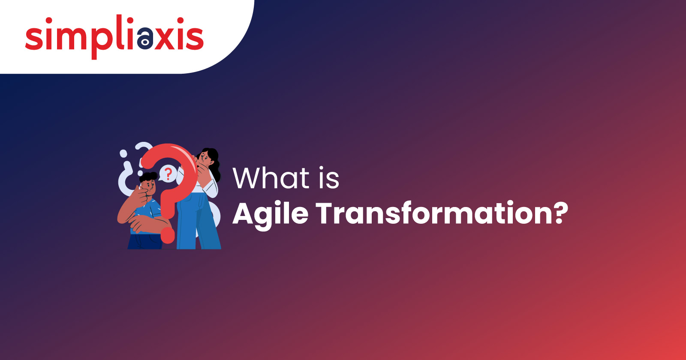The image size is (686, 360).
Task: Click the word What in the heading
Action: [271, 178]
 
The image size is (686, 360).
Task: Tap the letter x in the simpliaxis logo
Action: [165, 39]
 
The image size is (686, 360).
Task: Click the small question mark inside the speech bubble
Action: [168, 174]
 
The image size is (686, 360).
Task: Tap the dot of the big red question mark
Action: [168, 235]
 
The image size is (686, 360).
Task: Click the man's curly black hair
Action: [148, 177]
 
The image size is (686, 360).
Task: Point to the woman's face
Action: [205, 159]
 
